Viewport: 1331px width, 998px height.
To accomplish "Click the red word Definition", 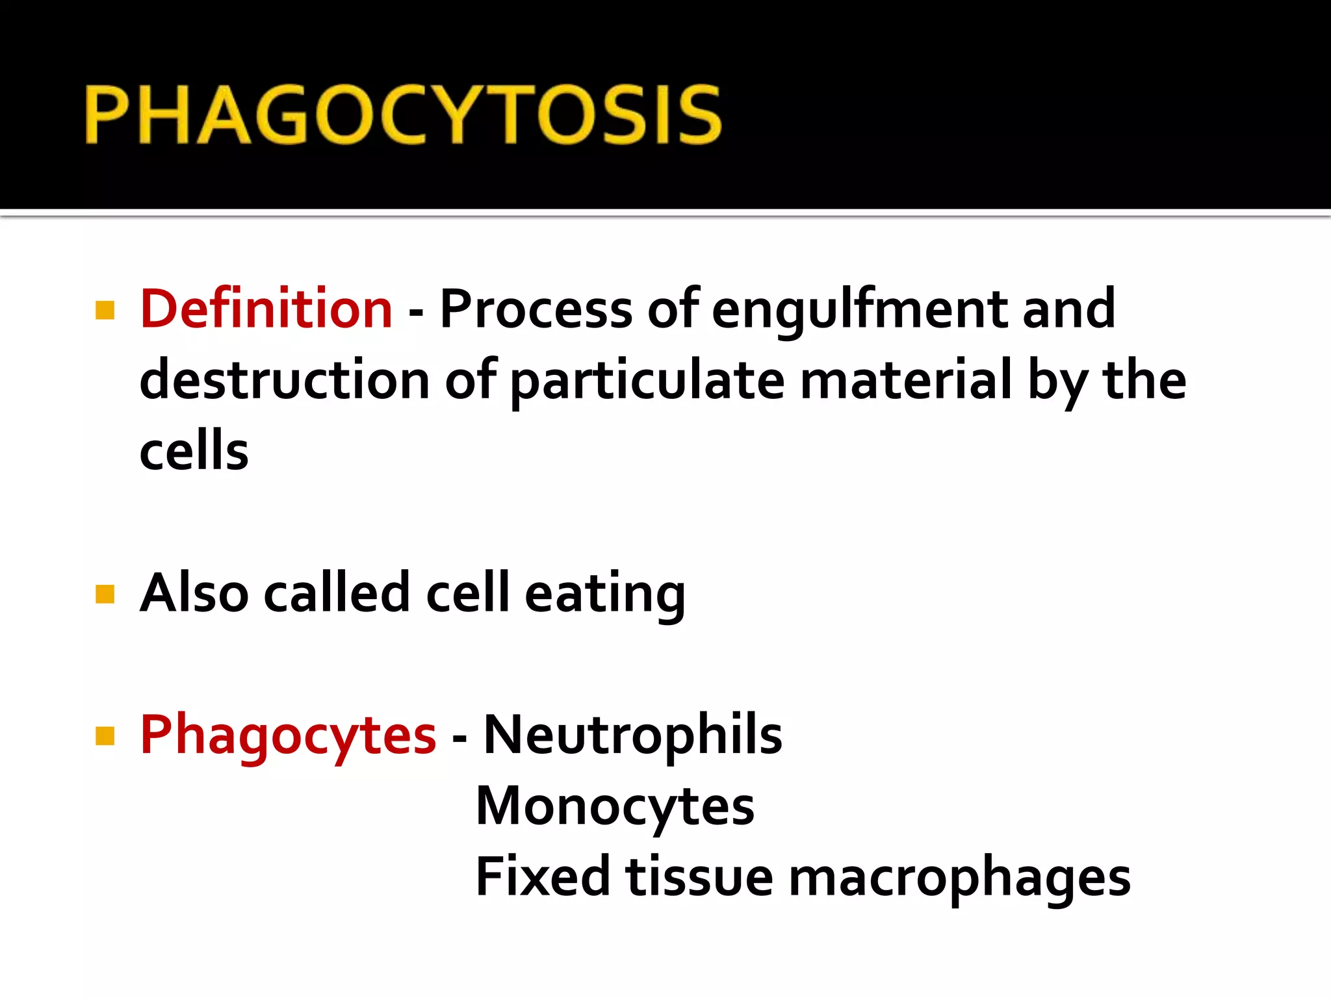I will (266, 309).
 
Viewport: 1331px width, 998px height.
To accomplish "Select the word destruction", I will (284, 380).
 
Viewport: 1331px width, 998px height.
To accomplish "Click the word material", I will (906, 380).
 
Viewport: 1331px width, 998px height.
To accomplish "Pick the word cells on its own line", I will (194, 452).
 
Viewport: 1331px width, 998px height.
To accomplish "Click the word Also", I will (194, 593).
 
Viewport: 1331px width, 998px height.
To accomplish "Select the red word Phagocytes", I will (287, 736).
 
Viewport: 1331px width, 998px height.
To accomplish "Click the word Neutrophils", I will (633, 735).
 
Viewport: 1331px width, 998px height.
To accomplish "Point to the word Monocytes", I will (615, 807).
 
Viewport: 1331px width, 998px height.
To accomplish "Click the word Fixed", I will (542, 876).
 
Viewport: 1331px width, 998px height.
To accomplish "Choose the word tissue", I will (699, 876).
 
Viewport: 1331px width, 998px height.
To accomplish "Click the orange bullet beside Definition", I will (105, 310).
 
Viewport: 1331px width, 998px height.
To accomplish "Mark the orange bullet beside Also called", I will (105, 594).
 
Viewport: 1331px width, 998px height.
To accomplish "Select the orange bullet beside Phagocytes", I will (105, 736).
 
